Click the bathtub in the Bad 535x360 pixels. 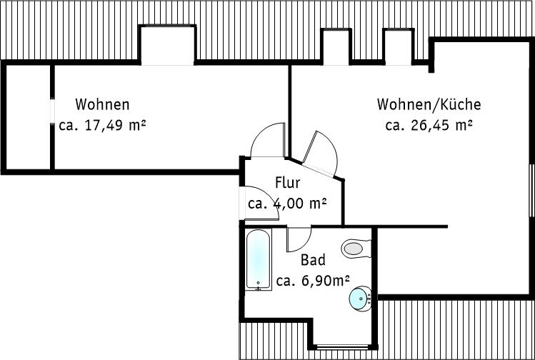tap(259, 259)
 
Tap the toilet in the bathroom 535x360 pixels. tap(356, 249)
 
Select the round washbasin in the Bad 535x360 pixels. tap(360, 299)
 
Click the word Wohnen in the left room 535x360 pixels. tap(102, 104)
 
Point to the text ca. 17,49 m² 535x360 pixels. tap(102, 125)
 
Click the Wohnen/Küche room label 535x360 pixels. tap(429, 104)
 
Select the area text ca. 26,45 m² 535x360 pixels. tap(429, 125)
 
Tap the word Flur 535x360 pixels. tap(288, 183)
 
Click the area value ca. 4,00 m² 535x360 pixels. tap(287, 204)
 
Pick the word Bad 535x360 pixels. tap(313, 260)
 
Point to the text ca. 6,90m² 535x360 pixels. tap(313, 281)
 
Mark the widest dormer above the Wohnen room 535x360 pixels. tap(167, 44)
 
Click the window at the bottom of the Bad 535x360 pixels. tap(342, 347)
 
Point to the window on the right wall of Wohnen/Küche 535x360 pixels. tap(531, 190)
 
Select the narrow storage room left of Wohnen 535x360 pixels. tap(29, 117)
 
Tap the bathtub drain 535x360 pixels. tap(259, 283)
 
